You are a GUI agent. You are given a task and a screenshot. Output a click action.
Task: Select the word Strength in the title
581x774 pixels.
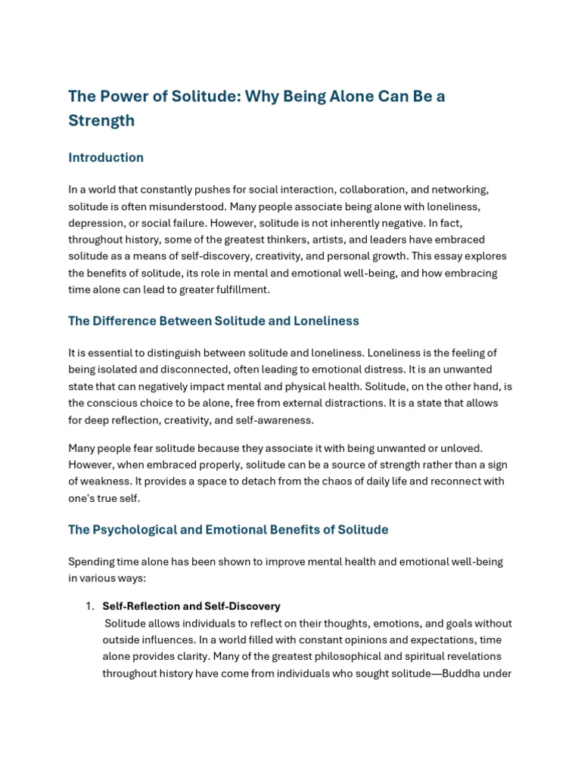coord(101,121)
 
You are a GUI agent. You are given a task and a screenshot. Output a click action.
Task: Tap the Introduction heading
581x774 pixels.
coord(106,158)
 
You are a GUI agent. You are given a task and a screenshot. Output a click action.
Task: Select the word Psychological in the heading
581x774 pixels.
coord(129,530)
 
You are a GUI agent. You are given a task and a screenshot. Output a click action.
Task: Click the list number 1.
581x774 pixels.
coord(89,606)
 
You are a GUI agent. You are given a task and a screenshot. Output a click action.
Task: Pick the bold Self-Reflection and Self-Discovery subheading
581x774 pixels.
coord(191,606)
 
